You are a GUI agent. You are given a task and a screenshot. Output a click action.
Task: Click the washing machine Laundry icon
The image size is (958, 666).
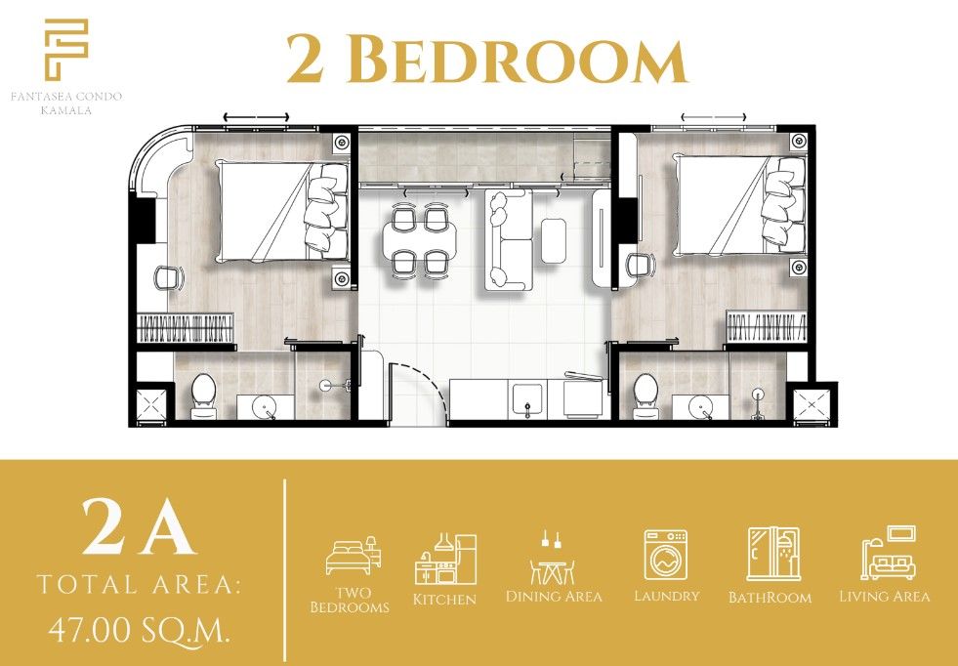coord(666,555)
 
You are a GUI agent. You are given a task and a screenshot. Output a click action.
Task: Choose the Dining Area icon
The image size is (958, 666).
coord(554,558)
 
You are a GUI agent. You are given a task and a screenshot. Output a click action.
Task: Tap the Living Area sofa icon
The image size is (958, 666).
coord(888,554)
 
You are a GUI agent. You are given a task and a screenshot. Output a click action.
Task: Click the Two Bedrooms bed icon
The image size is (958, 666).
coord(353,556)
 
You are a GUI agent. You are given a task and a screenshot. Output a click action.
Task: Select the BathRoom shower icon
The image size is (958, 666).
coord(772,555)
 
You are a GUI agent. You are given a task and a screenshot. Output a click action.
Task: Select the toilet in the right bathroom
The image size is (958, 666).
coord(646,395)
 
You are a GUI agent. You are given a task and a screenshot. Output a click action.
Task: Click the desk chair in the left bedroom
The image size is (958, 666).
coord(169,279)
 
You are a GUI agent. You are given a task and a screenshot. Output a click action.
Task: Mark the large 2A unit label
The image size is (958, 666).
coord(139,527)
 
